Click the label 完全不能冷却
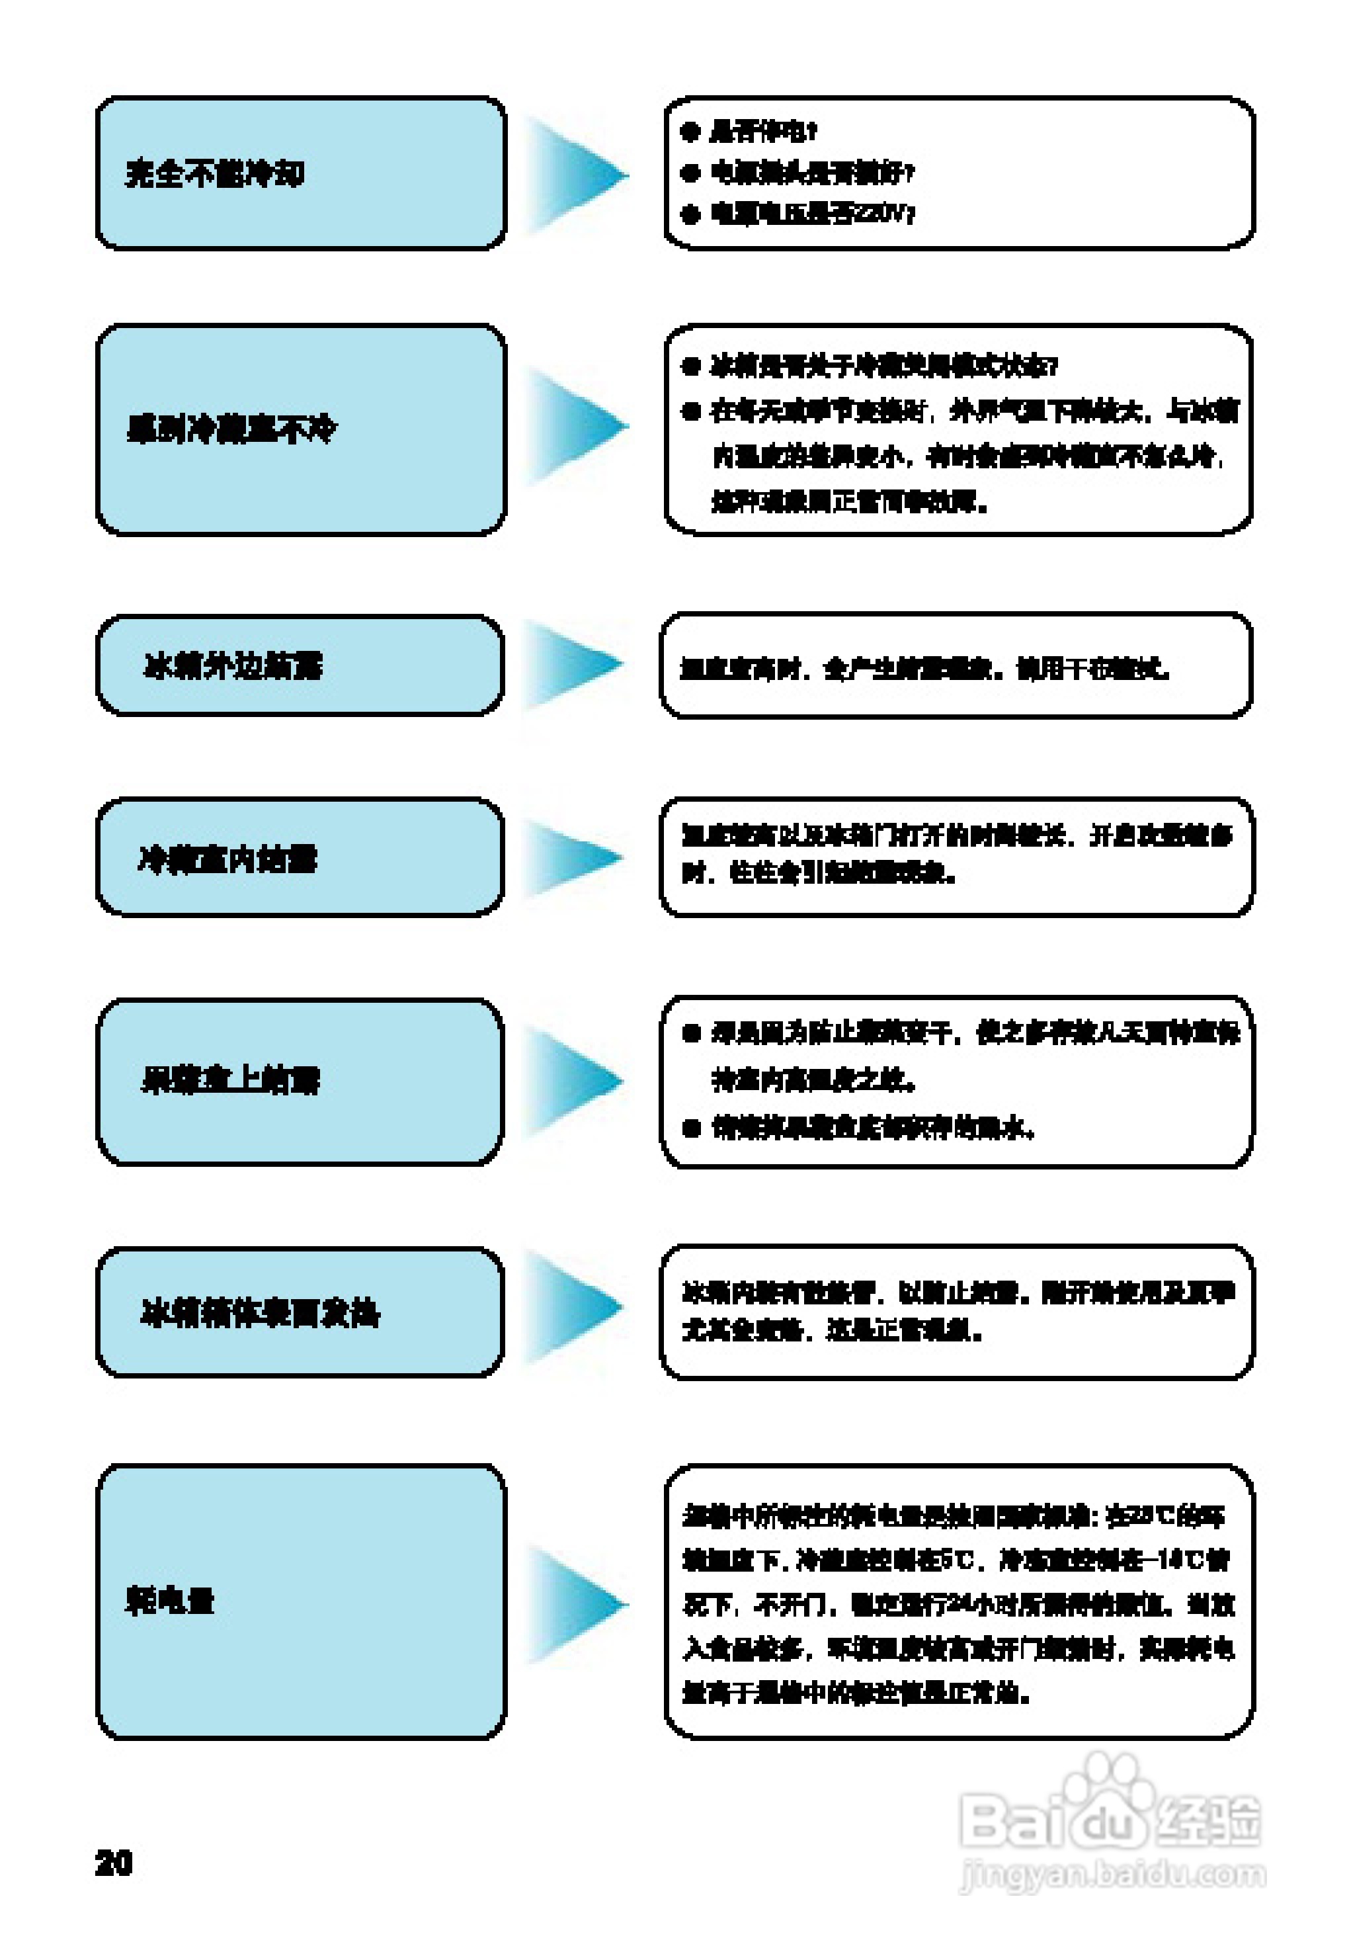coord(215,173)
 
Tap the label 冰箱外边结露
coord(233,666)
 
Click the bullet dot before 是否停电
coord(690,131)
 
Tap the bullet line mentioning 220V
coord(811,213)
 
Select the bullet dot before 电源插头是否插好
coord(690,173)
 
